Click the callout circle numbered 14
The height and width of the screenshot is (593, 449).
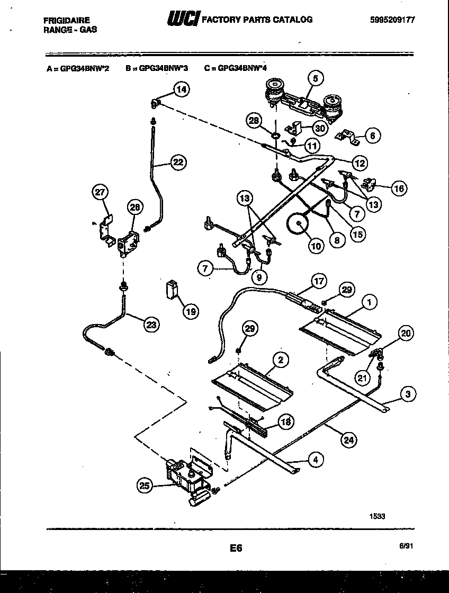pyautogui.click(x=182, y=89)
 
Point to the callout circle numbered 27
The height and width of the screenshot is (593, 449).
pyautogui.click(x=100, y=193)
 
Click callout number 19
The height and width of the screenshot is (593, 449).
pyautogui.click(x=191, y=312)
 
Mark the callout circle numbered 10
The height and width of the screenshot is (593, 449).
pyautogui.click(x=316, y=246)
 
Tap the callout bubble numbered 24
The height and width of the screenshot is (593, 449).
pyautogui.click(x=349, y=439)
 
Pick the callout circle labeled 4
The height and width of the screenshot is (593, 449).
pyautogui.click(x=316, y=460)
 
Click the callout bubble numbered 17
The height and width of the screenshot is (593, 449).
pyautogui.click(x=319, y=282)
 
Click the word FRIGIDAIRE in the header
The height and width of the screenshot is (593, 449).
pyautogui.click(x=67, y=20)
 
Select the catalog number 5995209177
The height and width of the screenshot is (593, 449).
pyautogui.click(x=393, y=20)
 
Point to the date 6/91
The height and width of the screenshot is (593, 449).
pyautogui.click(x=406, y=548)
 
